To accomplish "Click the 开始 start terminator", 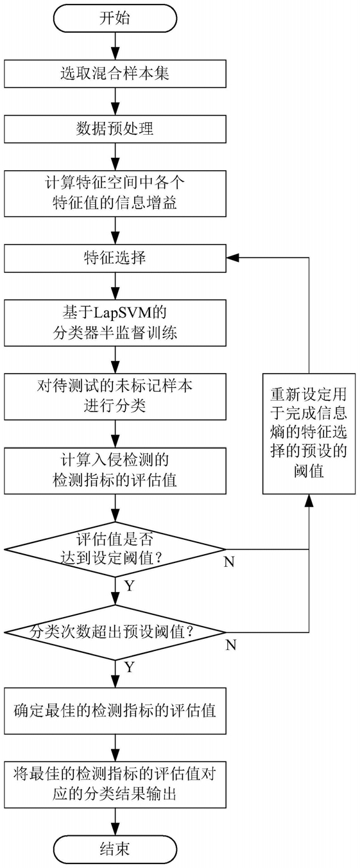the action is [x=115, y=18].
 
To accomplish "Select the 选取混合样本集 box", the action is [x=115, y=74].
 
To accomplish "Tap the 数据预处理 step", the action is [x=115, y=129].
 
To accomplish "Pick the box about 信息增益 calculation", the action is [x=115, y=193].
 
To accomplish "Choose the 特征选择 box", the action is [x=115, y=258].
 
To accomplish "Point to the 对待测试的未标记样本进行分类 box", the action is [x=115, y=396].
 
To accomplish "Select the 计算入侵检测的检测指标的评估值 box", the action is [x=115, y=471].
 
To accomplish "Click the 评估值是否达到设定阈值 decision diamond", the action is [x=115, y=550].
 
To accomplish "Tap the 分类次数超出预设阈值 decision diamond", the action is [x=115, y=633].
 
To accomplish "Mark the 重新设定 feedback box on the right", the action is [x=309, y=433].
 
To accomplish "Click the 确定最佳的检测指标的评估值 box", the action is [x=115, y=711].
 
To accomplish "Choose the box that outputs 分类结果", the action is [x=115, y=785].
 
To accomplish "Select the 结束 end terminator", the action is [x=115, y=849].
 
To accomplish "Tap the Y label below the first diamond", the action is [x=129, y=586].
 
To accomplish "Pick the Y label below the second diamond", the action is [x=129, y=667].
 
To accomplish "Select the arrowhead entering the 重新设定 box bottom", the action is [x=309, y=501].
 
